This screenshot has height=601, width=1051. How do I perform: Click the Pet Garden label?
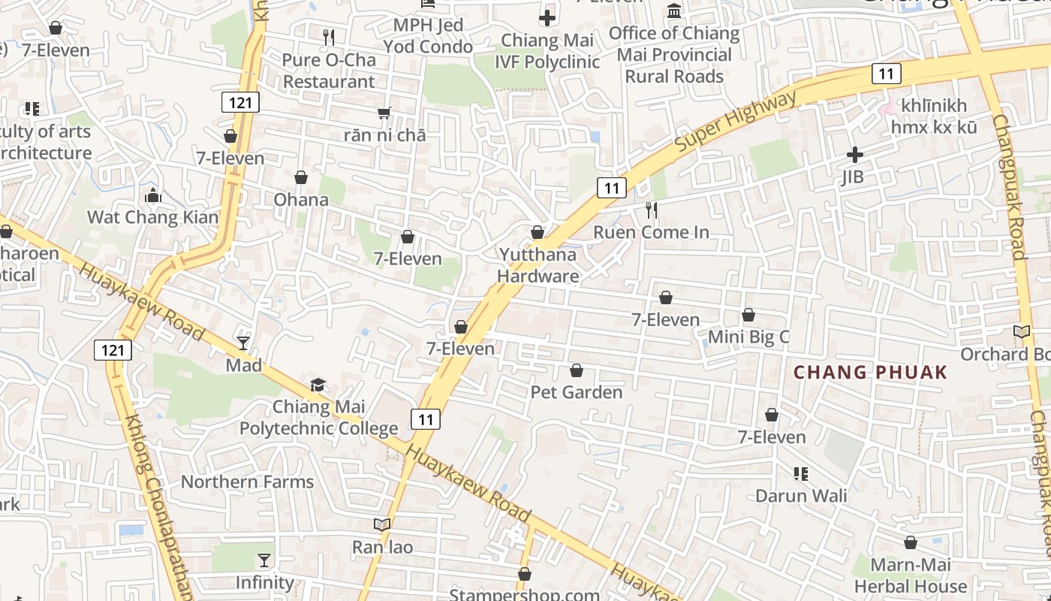(x=577, y=392)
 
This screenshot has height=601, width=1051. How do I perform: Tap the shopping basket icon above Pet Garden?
(x=577, y=370)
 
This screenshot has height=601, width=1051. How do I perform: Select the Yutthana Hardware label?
(x=538, y=265)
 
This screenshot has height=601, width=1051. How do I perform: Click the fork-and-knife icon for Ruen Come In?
(x=652, y=210)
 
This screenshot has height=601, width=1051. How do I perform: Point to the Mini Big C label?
(x=748, y=337)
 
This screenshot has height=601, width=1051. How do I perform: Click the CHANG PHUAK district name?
(x=871, y=372)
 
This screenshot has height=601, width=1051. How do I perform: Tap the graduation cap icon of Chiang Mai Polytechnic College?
(x=318, y=385)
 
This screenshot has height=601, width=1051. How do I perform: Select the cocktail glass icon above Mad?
(x=243, y=343)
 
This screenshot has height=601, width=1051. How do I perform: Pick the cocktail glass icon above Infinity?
(x=264, y=560)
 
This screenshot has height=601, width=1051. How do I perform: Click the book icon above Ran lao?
(x=382, y=524)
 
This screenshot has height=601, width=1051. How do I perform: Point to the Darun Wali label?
(x=801, y=496)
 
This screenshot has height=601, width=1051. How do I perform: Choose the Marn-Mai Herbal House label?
(x=910, y=575)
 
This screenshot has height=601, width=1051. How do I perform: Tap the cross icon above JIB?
(x=854, y=155)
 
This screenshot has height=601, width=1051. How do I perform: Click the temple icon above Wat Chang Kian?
(x=153, y=196)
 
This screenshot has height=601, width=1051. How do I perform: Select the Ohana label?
(x=301, y=199)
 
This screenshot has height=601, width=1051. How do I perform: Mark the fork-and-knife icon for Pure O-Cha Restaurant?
(x=328, y=37)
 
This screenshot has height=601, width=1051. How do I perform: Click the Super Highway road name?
(x=736, y=122)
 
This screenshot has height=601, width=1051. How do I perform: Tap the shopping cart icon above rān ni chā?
(x=384, y=113)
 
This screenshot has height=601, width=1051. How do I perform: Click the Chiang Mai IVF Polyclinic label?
(x=547, y=51)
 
